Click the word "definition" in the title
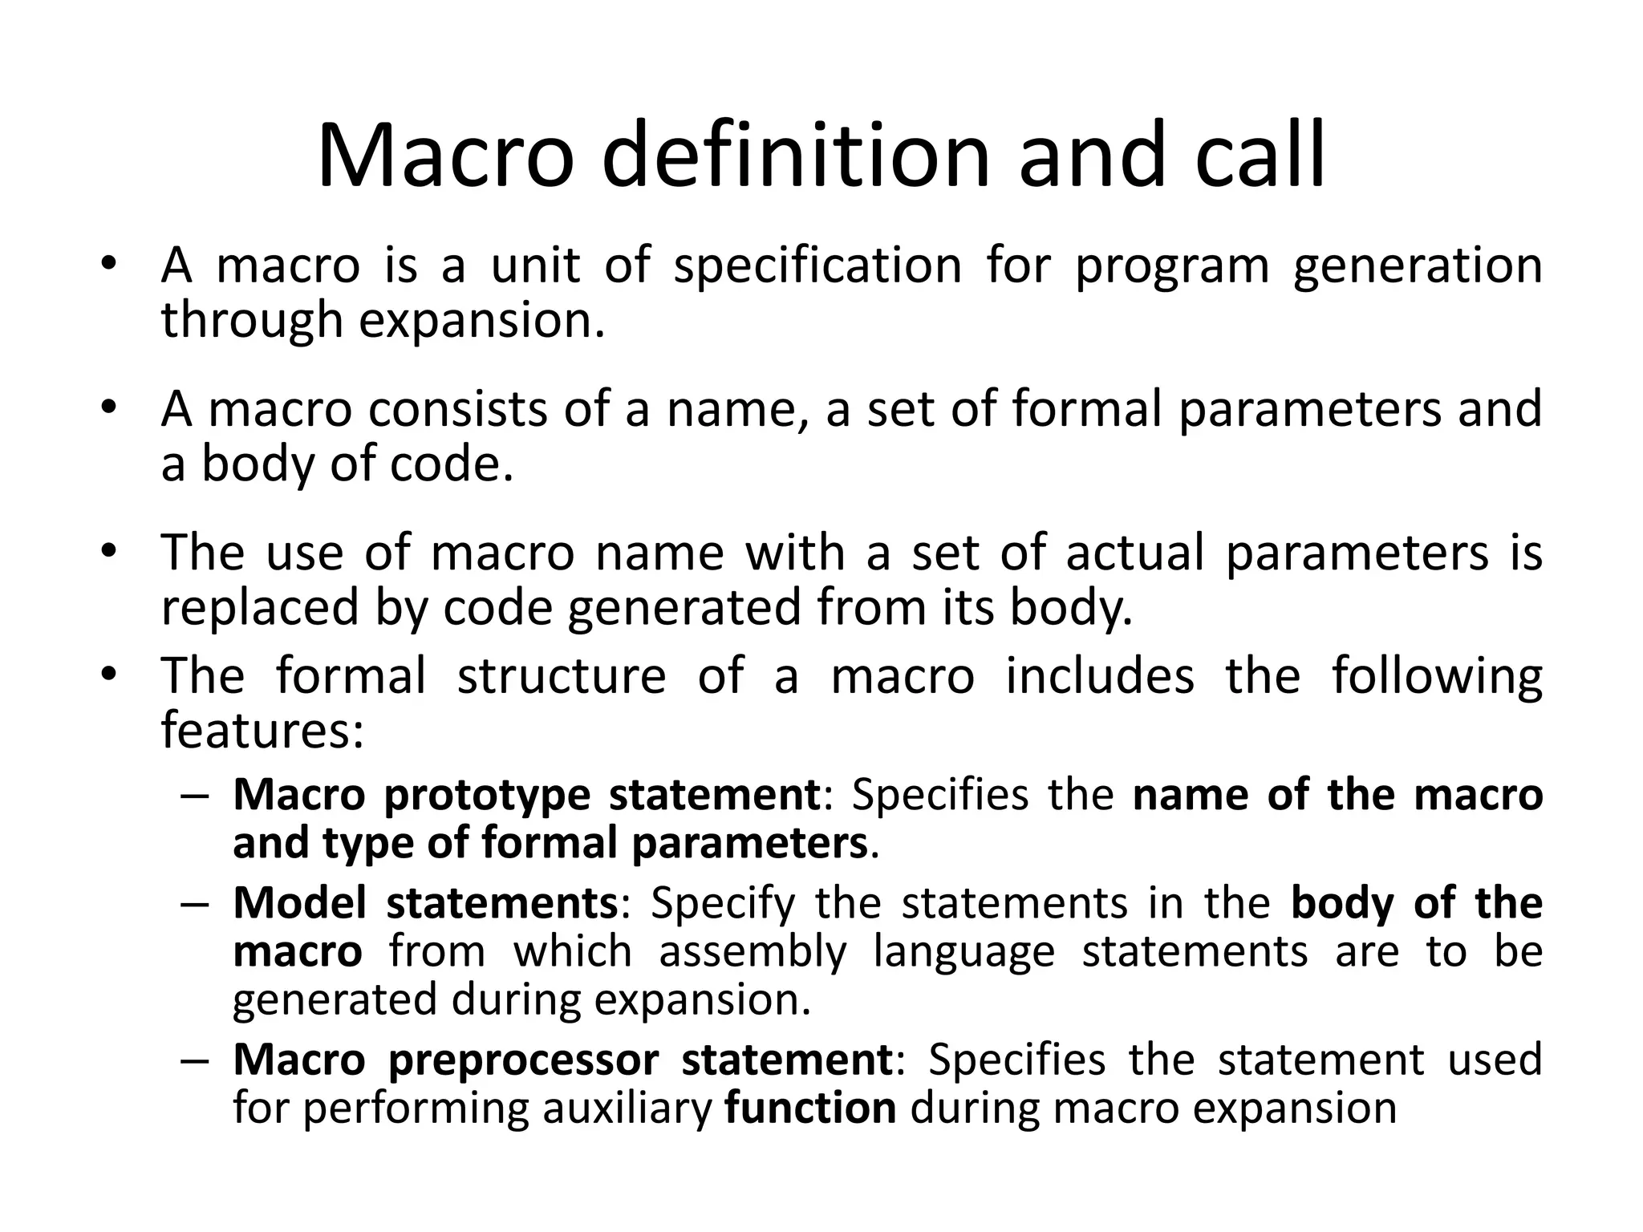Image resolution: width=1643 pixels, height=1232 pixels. coord(795,156)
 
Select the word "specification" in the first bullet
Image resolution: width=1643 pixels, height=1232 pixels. coord(817,266)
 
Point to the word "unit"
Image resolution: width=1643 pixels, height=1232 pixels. coord(535,266)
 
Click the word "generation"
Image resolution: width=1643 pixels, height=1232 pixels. coord(1418,268)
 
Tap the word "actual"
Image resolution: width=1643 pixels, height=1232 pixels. coord(1134,553)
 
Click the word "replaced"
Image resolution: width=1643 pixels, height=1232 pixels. coord(259,607)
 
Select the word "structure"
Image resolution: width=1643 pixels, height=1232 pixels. coord(561,676)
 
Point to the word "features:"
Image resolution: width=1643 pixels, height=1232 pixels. coord(263,730)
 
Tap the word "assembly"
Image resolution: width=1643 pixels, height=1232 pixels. coord(753,953)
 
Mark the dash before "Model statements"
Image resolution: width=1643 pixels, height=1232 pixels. coord(195,905)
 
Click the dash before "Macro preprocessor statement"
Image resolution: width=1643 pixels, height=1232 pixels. coord(195,1061)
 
